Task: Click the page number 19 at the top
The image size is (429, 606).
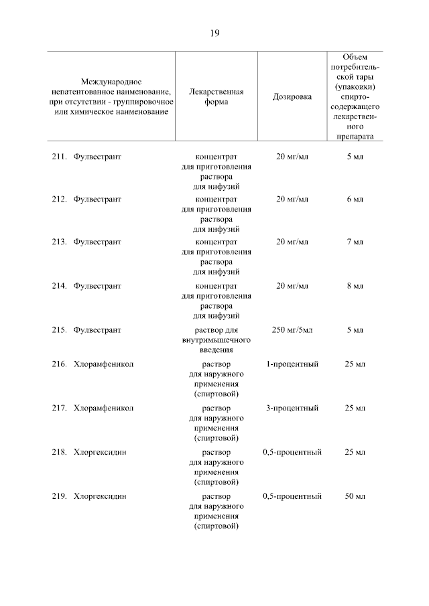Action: (214, 33)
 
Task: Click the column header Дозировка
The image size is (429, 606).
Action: (292, 96)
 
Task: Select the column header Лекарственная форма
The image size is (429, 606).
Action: (217, 96)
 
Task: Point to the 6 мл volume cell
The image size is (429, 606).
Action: (355, 200)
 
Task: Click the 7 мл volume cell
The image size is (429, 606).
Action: (355, 242)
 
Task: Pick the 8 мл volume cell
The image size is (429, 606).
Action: (355, 286)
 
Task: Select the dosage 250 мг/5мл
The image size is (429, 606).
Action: (292, 329)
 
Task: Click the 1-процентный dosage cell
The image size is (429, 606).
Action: (292, 364)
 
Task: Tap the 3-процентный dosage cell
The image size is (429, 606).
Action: (292, 408)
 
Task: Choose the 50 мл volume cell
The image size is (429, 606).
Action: (355, 496)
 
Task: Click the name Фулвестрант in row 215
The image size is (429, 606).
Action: (97, 329)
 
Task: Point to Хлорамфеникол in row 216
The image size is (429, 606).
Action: (104, 364)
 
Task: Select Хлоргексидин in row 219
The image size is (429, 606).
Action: (101, 496)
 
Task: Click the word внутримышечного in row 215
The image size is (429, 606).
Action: (217, 339)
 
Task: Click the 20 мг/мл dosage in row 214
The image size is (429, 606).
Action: (292, 286)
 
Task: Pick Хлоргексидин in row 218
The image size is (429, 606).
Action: (101, 452)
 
